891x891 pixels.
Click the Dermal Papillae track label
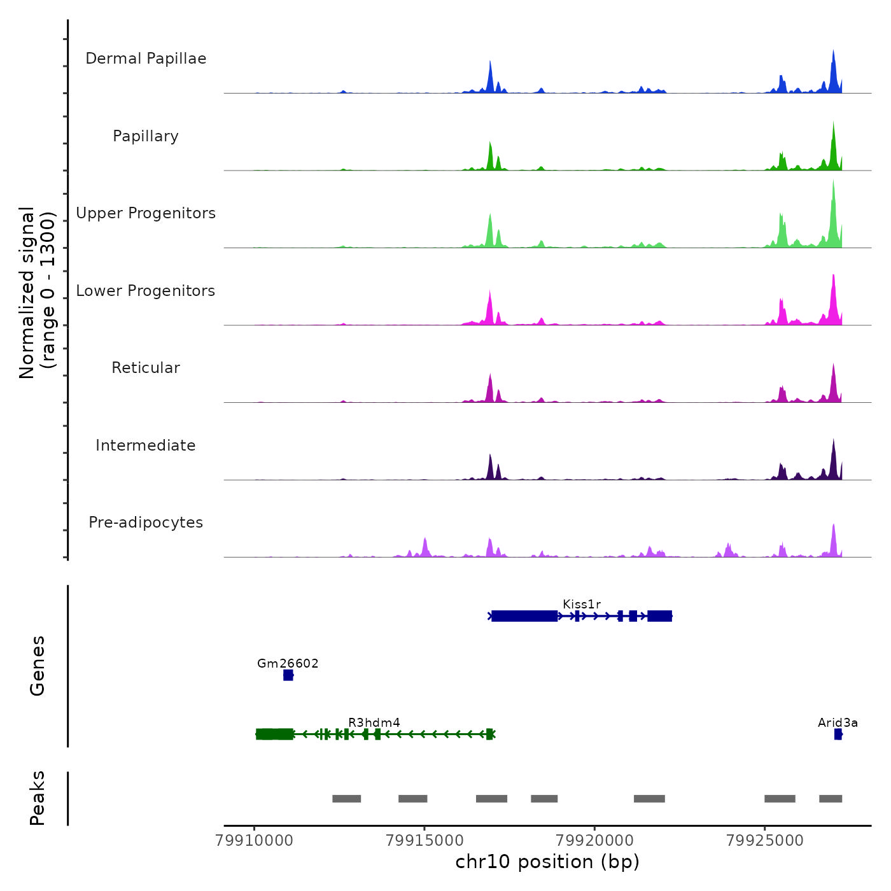(146, 59)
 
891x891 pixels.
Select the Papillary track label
(146, 136)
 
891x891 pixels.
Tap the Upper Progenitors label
(146, 213)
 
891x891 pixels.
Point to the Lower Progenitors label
(146, 291)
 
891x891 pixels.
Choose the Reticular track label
(146, 368)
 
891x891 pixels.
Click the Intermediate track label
(146, 445)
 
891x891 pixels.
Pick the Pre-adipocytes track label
(146, 523)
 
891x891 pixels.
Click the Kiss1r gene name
(582, 604)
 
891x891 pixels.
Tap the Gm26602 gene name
(288, 663)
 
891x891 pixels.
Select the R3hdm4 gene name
(374, 722)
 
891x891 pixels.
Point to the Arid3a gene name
(838, 722)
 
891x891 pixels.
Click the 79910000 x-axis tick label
(255, 840)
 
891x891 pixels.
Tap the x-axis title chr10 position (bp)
(547, 862)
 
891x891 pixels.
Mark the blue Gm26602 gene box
(288, 675)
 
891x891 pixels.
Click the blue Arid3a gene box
(838, 734)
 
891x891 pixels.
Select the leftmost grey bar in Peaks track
(346, 799)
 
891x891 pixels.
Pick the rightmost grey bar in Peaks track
(831, 799)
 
